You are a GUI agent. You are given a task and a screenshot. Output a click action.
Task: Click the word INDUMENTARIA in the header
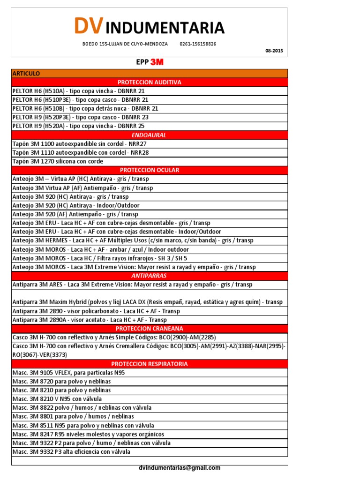165,28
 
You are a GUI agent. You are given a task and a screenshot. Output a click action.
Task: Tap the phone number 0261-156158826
198,44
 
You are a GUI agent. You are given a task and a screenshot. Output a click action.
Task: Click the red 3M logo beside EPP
157,62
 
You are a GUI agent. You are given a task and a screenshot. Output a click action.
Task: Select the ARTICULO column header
26,74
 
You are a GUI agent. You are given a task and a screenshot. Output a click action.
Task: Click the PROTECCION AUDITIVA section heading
150,82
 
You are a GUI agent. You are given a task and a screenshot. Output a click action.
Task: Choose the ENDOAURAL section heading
150,135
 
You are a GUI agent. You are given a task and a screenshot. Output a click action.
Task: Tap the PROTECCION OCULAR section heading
150,170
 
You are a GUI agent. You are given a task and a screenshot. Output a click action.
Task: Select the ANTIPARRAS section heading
150,276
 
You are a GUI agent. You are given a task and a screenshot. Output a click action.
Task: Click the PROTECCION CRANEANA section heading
150,329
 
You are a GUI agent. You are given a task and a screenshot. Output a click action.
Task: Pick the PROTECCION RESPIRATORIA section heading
150,364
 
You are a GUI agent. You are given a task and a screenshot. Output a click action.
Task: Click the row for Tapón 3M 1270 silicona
58,161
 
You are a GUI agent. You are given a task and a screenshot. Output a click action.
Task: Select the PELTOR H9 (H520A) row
78,126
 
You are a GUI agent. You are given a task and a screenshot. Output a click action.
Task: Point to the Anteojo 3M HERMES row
133,240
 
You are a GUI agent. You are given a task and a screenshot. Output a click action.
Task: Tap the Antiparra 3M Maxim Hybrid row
148,302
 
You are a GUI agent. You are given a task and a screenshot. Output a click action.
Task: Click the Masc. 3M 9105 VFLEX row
69,373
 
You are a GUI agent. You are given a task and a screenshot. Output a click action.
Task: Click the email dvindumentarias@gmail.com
180,468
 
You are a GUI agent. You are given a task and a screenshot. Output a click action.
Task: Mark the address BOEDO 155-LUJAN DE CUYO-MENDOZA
125,44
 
